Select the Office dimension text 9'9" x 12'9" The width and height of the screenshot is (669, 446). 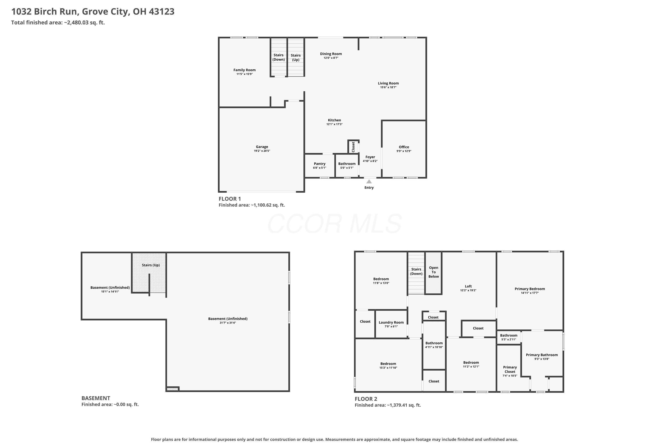click(404, 151)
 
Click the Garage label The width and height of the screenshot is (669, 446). click(262, 147)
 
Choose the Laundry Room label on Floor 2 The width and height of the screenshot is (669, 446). click(391, 322)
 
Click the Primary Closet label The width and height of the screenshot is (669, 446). click(510, 370)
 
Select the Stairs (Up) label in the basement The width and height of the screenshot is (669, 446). click(151, 265)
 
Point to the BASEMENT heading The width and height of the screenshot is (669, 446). click(96, 398)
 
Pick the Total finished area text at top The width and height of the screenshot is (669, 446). click(58, 23)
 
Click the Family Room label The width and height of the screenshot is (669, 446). click(244, 70)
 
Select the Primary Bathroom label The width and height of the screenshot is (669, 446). click(542, 355)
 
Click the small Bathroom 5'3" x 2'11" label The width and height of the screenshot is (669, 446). click(509, 336)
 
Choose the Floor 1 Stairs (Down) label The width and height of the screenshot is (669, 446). click(279, 57)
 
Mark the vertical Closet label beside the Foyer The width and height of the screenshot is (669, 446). click(353, 147)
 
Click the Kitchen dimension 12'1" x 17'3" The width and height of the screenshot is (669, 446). click(334, 124)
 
